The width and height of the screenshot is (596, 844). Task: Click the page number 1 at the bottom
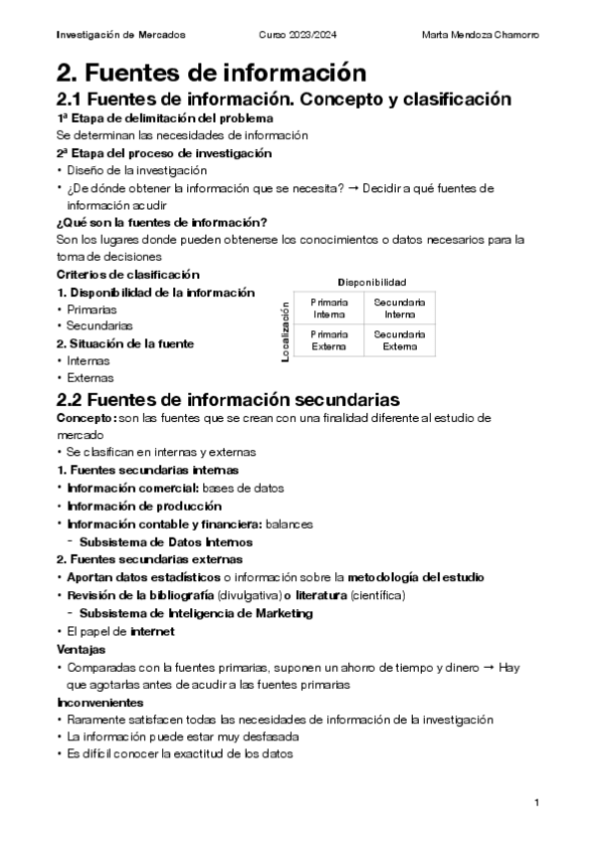coord(535,802)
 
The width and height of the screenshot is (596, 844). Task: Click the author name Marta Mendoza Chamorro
coord(480,36)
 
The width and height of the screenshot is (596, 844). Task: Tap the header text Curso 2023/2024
coord(297,36)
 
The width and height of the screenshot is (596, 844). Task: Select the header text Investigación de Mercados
coord(120,36)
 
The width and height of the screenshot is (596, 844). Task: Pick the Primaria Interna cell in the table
coord(329,308)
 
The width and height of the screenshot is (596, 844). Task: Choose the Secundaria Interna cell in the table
coord(399,308)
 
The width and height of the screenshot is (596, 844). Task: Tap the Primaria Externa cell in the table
coord(329,340)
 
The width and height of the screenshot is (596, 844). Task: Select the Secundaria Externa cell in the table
coord(399,340)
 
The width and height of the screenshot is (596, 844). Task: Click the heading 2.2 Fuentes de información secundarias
coord(229,399)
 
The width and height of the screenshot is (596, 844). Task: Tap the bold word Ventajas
coord(83,648)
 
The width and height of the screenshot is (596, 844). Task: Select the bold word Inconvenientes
coord(100,702)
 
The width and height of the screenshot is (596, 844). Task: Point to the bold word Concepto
coord(85,418)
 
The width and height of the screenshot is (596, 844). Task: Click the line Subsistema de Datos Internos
coord(165,542)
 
